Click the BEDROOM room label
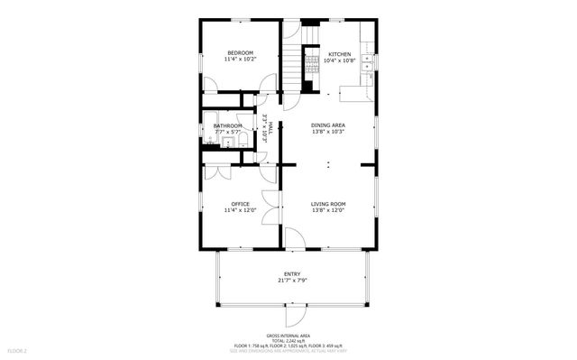coord(240,52)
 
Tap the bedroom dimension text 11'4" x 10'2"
coord(240,60)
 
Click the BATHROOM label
coord(227,125)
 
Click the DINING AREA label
coord(328,125)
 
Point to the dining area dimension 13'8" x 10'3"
coord(328,133)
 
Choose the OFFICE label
coord(240,204)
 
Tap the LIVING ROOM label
coord(328,204)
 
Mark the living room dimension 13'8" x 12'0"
coord(328,211)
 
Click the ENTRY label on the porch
coord(292,274)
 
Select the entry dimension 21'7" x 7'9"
coord(292,282)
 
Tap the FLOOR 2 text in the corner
coord(17,350)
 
